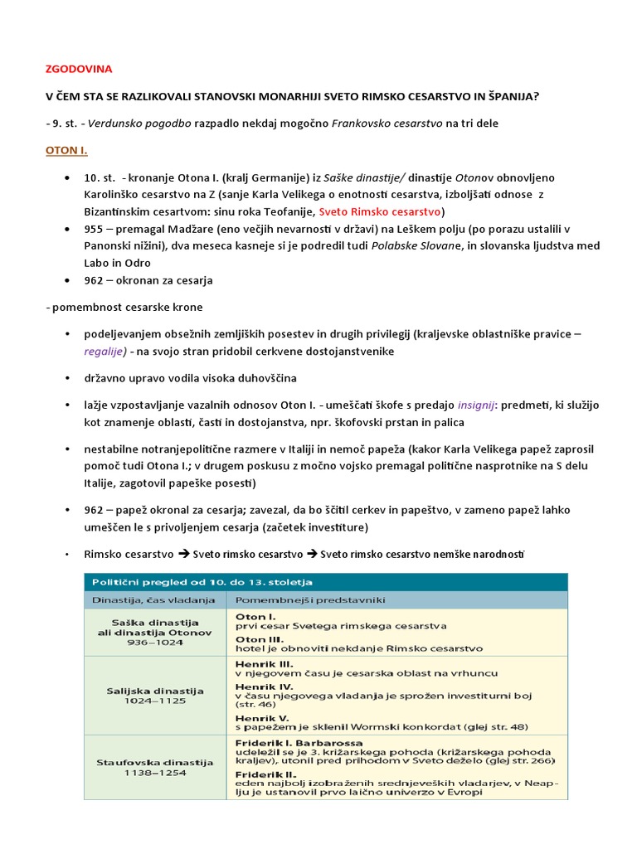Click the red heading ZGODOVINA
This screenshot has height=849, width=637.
[78, 70]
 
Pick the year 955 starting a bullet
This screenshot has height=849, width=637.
[95, 228]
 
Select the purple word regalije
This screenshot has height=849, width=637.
[104, 351]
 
